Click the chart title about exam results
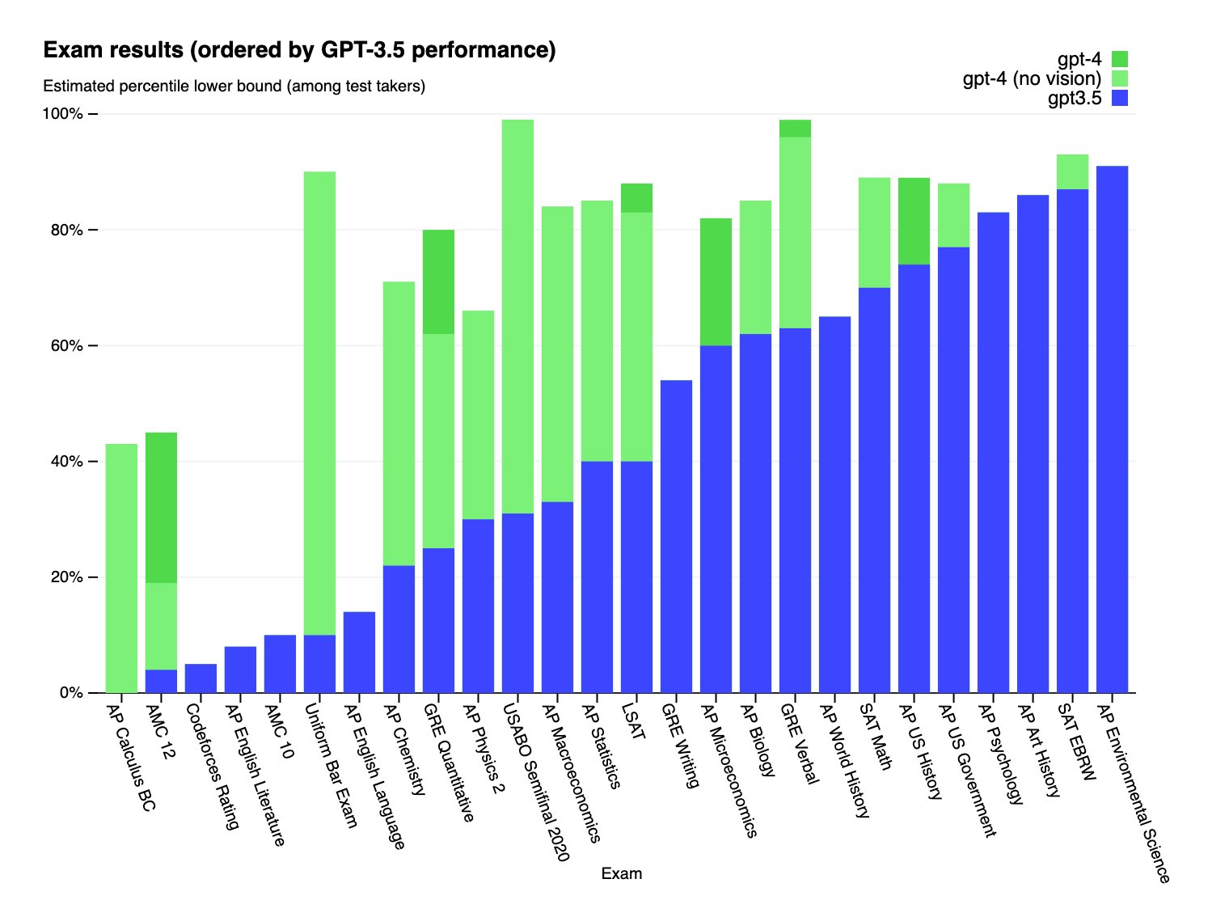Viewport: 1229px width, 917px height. [299, 50]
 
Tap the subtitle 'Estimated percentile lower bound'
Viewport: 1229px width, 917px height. [234, 86]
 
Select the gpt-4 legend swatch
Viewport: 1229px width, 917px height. [1119, 59]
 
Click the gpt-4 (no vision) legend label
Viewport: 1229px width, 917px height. [1032, 78]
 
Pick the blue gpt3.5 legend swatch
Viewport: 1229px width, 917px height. [1119, 99]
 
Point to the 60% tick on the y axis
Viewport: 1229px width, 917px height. [62, 346]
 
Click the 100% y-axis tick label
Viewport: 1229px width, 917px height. [62, 114]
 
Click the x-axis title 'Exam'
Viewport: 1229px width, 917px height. [621, 873]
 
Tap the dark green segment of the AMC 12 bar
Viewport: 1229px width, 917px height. [161, 508]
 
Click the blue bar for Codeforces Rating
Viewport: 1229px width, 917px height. [201, 678]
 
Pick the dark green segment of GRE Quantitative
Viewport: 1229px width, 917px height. [438, 281]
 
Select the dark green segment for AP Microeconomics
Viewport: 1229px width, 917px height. [716, 281]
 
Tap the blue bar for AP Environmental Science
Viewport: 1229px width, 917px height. [1112, 429]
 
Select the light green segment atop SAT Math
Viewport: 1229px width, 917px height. [874, 232]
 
